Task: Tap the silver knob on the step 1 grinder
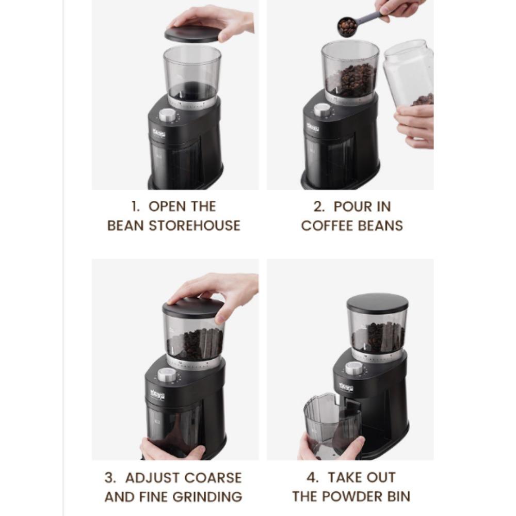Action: coord(167,115)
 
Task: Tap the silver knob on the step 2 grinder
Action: coord(322,110)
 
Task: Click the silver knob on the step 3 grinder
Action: coord(167,375)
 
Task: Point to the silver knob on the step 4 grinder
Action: coord(354,368)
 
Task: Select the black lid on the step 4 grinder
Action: coord(377,302)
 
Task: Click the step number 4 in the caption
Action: coord(314,477)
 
